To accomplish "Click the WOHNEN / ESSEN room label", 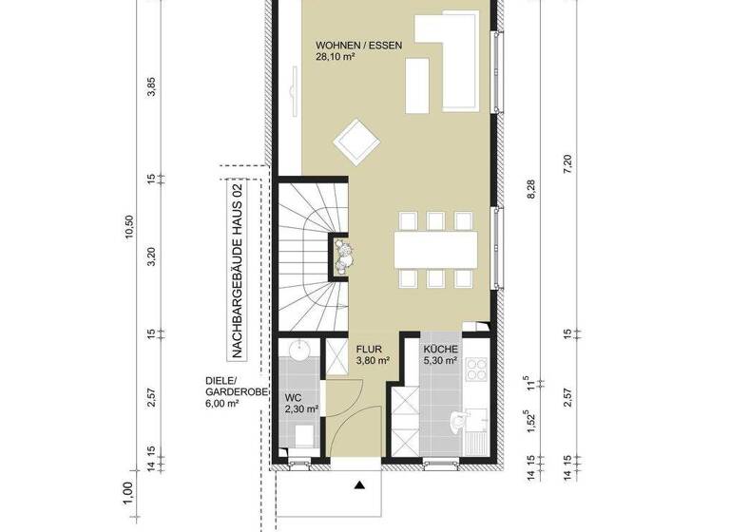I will [357, 44].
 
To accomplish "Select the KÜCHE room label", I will [441, 349].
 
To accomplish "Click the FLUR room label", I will [369, 349].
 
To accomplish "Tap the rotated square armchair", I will [356, 143].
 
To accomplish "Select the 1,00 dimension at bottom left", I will [129, 492].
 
